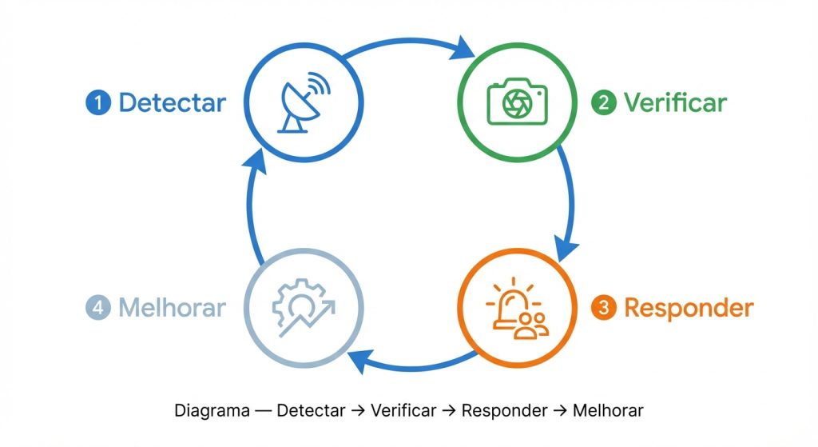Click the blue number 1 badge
[x=97, y=103]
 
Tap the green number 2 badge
[x=603, y=103]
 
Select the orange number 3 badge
[x=603, y=308]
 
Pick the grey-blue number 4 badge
[x=97, y=308]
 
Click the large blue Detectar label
[x=172, y=103]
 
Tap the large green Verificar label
[x=675, y=103]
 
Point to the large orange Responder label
[x=688, y=308]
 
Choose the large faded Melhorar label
[x=172, y=308]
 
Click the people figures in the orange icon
[x=532, y=324]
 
